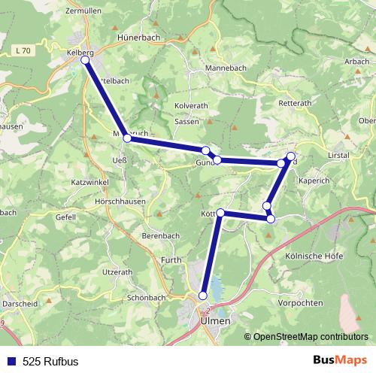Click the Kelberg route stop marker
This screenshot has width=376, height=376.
[x=86, y=62]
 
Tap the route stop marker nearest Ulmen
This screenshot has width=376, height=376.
[x=203, y=296]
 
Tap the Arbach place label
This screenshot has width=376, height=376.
[x=356, y=61]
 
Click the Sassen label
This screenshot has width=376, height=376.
[x=186, y=120]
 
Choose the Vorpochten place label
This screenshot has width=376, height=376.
[x=300, y=303]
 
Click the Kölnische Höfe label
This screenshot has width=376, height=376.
[x=314, y=256]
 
